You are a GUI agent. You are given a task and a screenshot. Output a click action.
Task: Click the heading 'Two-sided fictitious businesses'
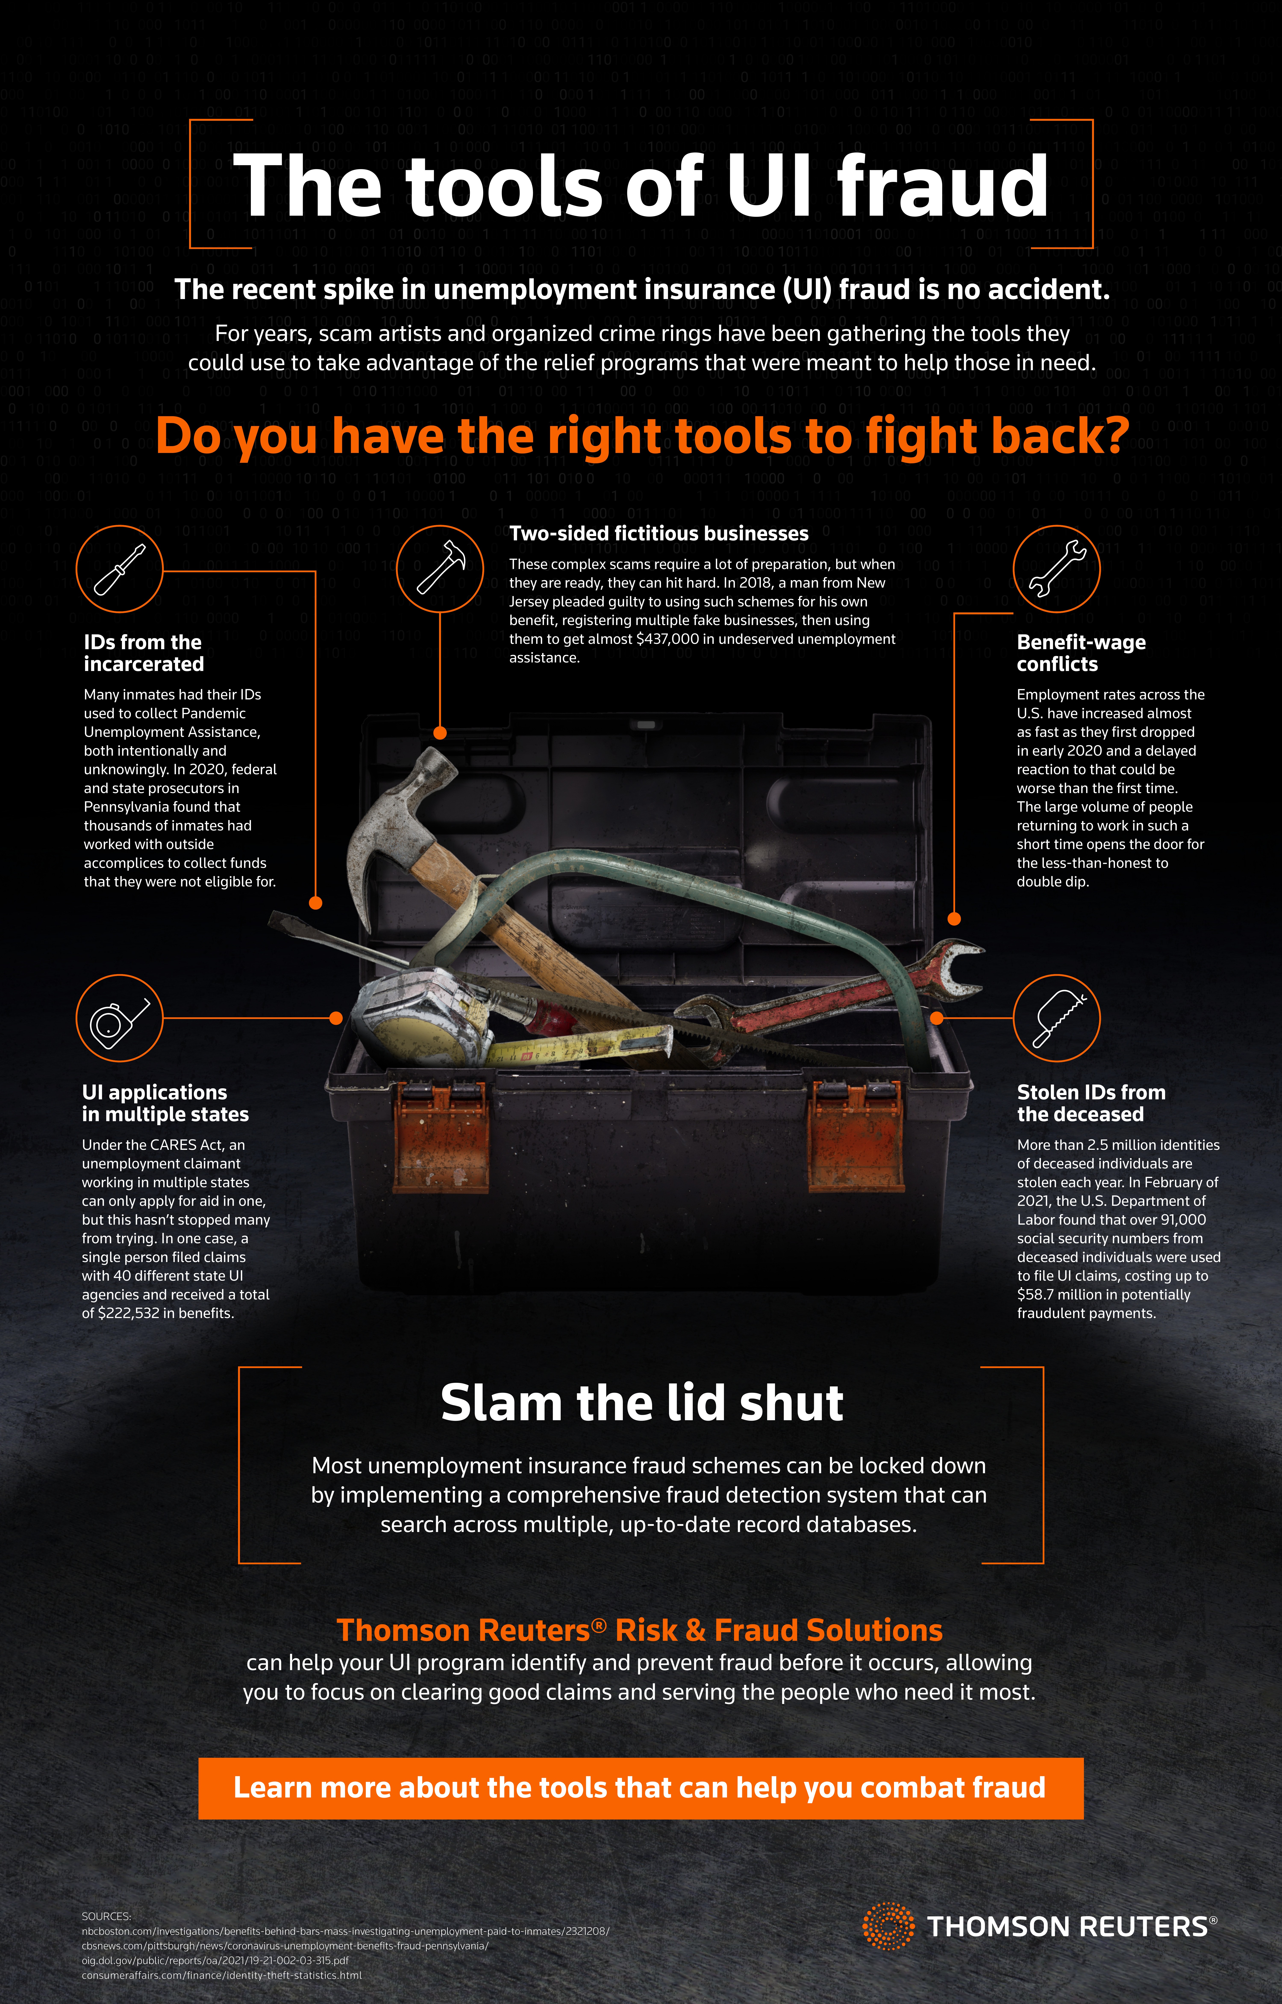[x=659, y=534]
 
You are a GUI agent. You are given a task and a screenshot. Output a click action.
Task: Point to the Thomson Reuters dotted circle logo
[x=888, y=1926]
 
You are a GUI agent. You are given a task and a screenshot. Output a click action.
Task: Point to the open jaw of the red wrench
[x=957, y=966]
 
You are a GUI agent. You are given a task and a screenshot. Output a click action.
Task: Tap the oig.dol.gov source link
[x=215, y=1961]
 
